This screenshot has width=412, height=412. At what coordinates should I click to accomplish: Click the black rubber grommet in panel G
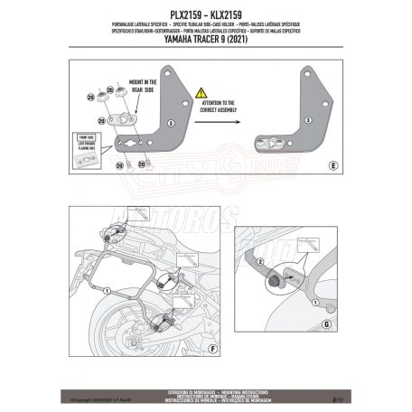pyautogui.click(x=270, y=283)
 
